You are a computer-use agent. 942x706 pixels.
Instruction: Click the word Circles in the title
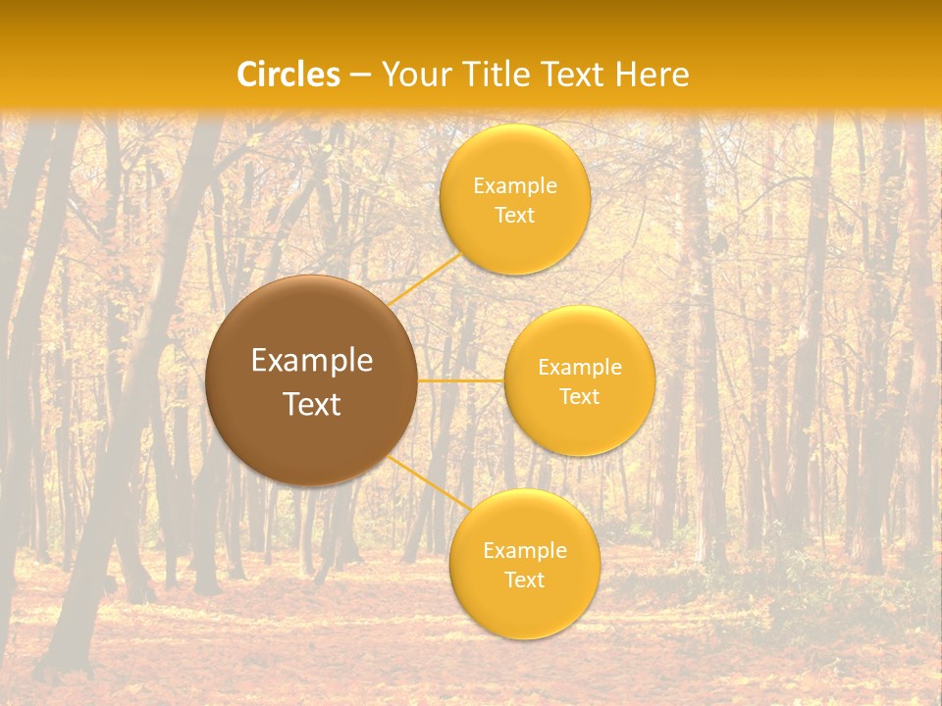288,75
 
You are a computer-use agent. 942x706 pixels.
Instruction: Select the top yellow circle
514,240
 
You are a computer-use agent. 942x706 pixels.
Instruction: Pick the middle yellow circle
579,427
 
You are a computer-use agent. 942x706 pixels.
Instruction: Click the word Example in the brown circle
311,361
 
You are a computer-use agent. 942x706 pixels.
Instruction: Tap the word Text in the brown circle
311,404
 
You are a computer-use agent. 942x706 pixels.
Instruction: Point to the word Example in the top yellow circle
514,186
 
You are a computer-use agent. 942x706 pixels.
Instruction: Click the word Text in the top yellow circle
514,215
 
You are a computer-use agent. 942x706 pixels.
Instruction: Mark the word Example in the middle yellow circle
579,368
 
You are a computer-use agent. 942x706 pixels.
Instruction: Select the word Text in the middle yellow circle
579,396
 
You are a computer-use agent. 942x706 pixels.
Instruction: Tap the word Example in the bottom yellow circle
524,551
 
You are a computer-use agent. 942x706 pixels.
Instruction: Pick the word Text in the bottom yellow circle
524,580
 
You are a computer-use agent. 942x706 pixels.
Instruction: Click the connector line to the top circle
424,278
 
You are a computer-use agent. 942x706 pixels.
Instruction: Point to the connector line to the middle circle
460,379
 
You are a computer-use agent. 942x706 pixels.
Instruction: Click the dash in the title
359,76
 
